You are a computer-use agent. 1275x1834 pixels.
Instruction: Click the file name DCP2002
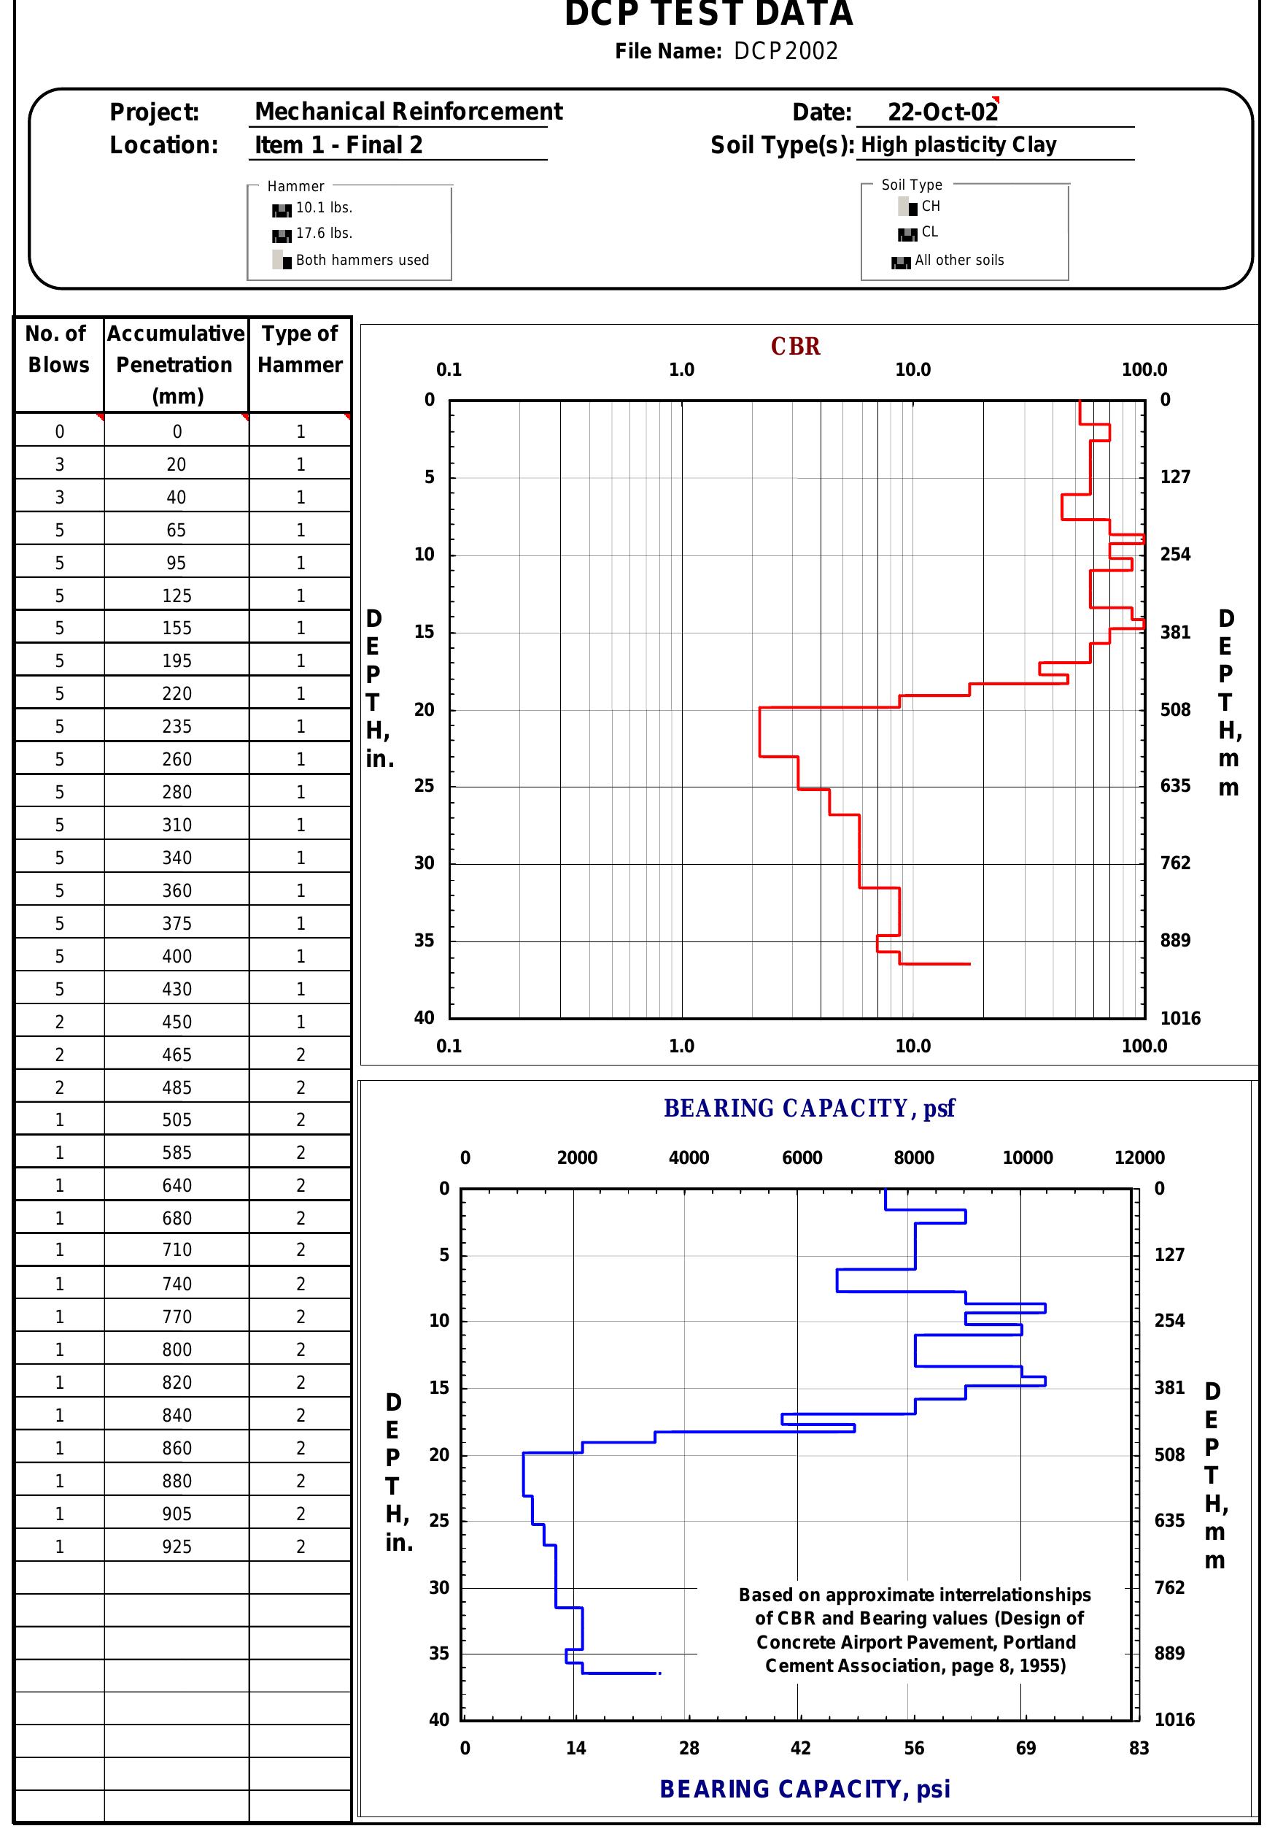pos(786,51)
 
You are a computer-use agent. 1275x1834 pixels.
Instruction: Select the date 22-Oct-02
pos(942,112)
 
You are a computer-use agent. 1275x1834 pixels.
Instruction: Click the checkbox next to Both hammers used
pos(282,260)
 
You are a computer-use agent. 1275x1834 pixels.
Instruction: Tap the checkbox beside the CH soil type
pos(908,207)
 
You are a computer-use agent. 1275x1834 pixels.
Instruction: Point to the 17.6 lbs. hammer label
pos(324,234)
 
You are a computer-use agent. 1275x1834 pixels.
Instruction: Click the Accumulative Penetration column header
pos(176,364)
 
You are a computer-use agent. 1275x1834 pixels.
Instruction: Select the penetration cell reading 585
pos(177,1152)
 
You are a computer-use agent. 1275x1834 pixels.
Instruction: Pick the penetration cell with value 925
pos(177,1546)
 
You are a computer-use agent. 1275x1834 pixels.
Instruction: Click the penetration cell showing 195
pos(177,660)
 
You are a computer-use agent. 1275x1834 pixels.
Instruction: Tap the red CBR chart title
pos(795,347)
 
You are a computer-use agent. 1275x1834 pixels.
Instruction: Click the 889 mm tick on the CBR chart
pos(1175,940)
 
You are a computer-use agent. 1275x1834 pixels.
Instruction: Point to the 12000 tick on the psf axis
pos(1139,1157)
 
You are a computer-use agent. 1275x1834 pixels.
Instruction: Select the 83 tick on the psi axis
pos(1139,1748)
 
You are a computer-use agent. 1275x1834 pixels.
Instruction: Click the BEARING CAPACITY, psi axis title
pos(805,1789)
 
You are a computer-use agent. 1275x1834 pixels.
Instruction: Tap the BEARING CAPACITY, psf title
pos(809,1109)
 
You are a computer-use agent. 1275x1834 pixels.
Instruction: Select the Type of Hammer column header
pos(299,349)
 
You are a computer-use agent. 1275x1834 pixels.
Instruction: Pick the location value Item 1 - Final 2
pos(338,145)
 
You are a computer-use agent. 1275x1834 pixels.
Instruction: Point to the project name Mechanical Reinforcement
pos(408,112)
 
